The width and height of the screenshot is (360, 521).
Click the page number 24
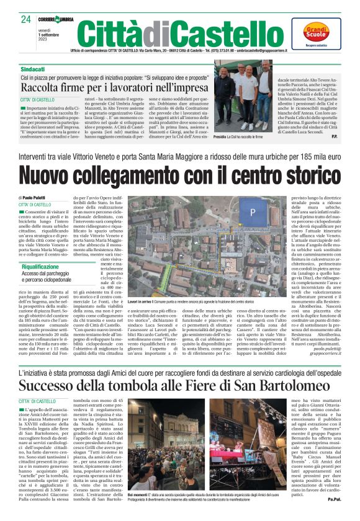coord(25,19)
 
